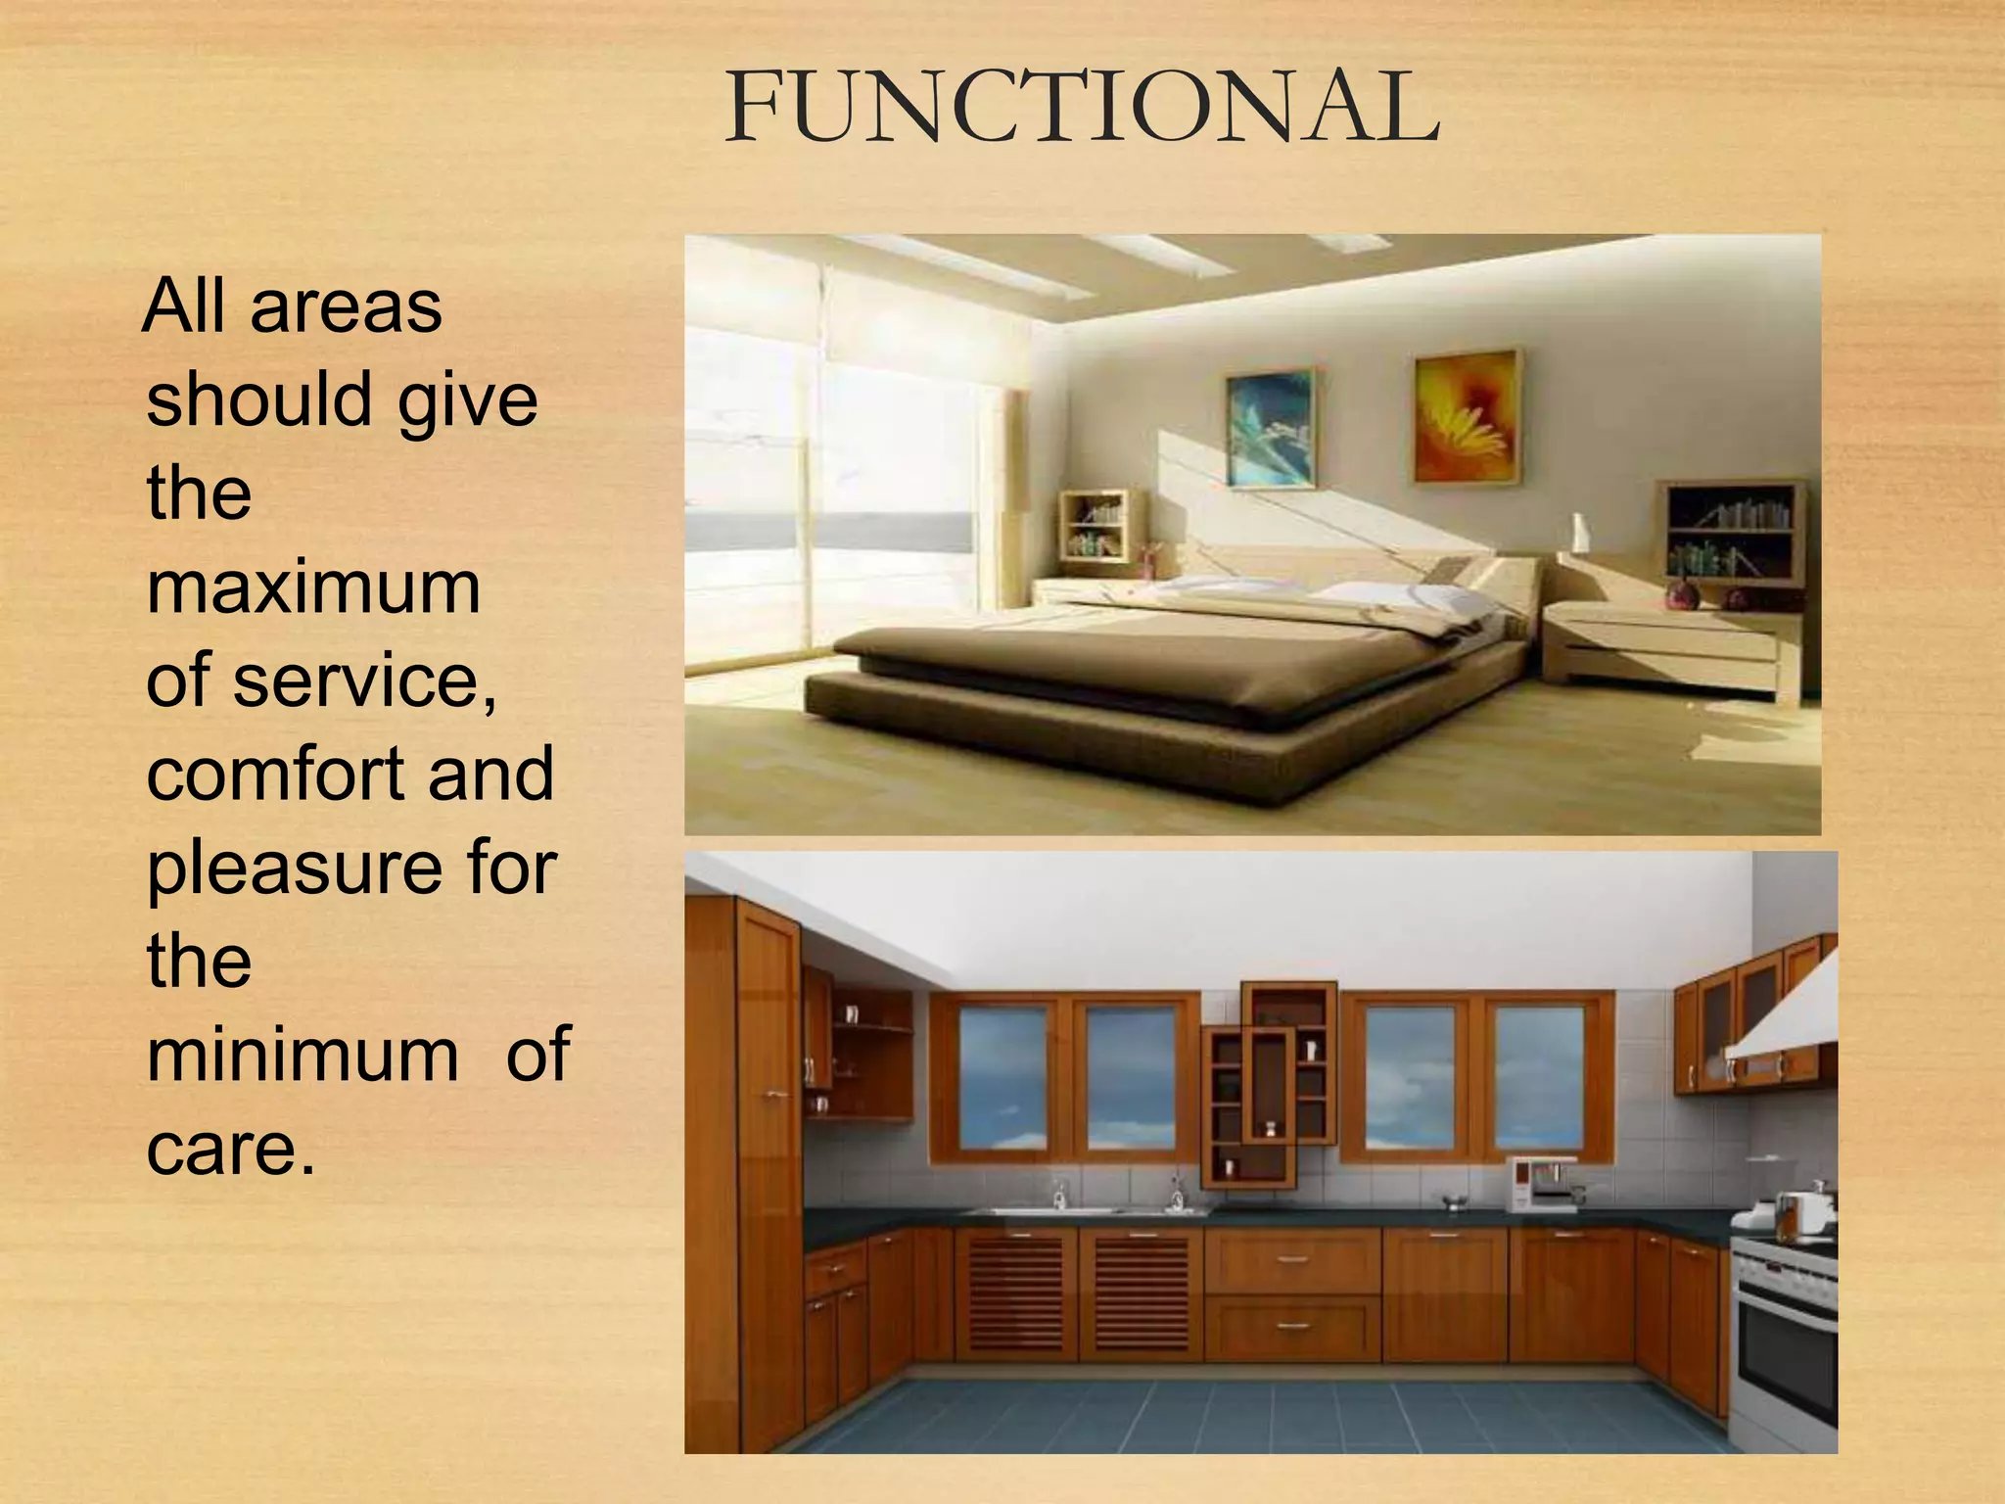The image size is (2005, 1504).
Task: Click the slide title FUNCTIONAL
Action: (1081, 108)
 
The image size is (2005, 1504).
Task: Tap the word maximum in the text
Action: (313, 587)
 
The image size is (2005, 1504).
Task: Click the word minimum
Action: (303, 1055)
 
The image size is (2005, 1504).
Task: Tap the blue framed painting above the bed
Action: (1270, 427)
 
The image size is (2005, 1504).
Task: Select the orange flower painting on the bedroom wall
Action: (1467, 415)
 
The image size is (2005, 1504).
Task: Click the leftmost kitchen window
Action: (1001, 1077)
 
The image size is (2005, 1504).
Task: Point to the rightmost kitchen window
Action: (1539, 1077)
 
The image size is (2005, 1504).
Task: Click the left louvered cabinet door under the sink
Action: (1016, 1294)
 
